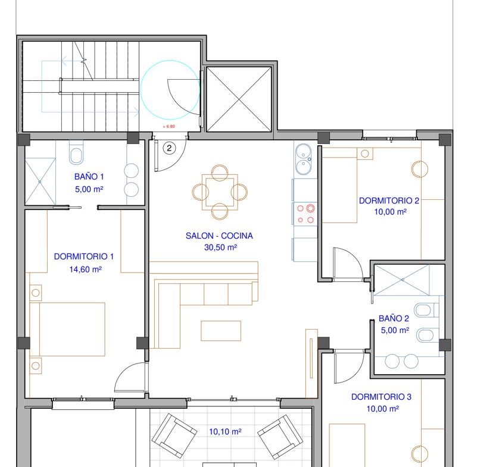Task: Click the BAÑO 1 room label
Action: [x=89, y=177]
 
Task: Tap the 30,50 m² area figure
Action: [x=220, y=247]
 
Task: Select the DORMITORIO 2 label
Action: [x=389, y=200]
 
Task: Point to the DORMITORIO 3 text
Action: [x=381, y=397]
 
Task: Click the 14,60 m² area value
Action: [x=86, y=269]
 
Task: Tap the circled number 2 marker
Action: [x=169, y=148]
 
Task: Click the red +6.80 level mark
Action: [x=169, y=127]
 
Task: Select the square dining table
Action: [x=220, y=192]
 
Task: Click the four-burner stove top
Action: [x=305, y=214]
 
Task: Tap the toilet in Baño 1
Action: [x=76, y=153]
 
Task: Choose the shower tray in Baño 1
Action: [x=40, y=181]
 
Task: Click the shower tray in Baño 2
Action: [x=402, y=280]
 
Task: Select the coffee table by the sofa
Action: [x=221, y=331]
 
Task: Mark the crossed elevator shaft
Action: [x=239, y=99]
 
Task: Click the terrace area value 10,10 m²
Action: [x=225, y=432]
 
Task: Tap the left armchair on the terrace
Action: [x=174, y=435]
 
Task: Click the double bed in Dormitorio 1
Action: [x=67, y=329]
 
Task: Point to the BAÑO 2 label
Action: [x=394, y=318]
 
